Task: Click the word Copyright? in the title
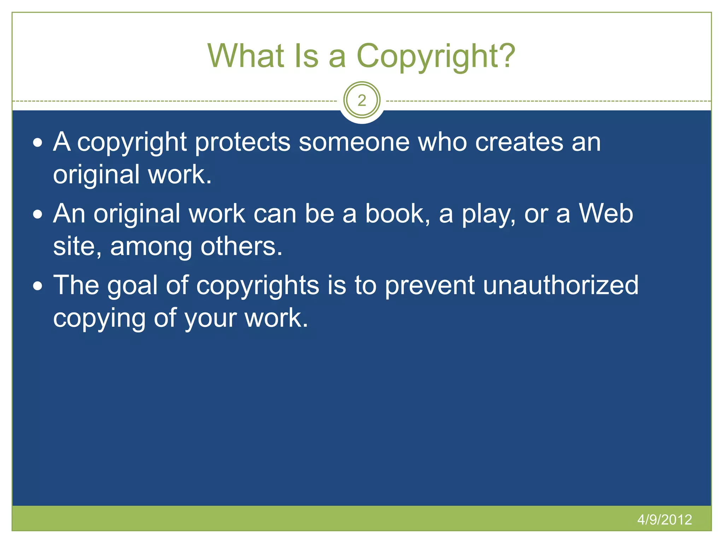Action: click(x=436, y=57)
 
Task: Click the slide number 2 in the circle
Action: click(x=362, y=100)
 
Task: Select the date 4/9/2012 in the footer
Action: click(x=664, y=519)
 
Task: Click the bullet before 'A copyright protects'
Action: click(x=38, y=143)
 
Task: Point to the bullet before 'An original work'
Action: click(x=38, y=215)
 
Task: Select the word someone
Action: click(x=354, y=142)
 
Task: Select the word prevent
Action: click(x=430, y=286)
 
